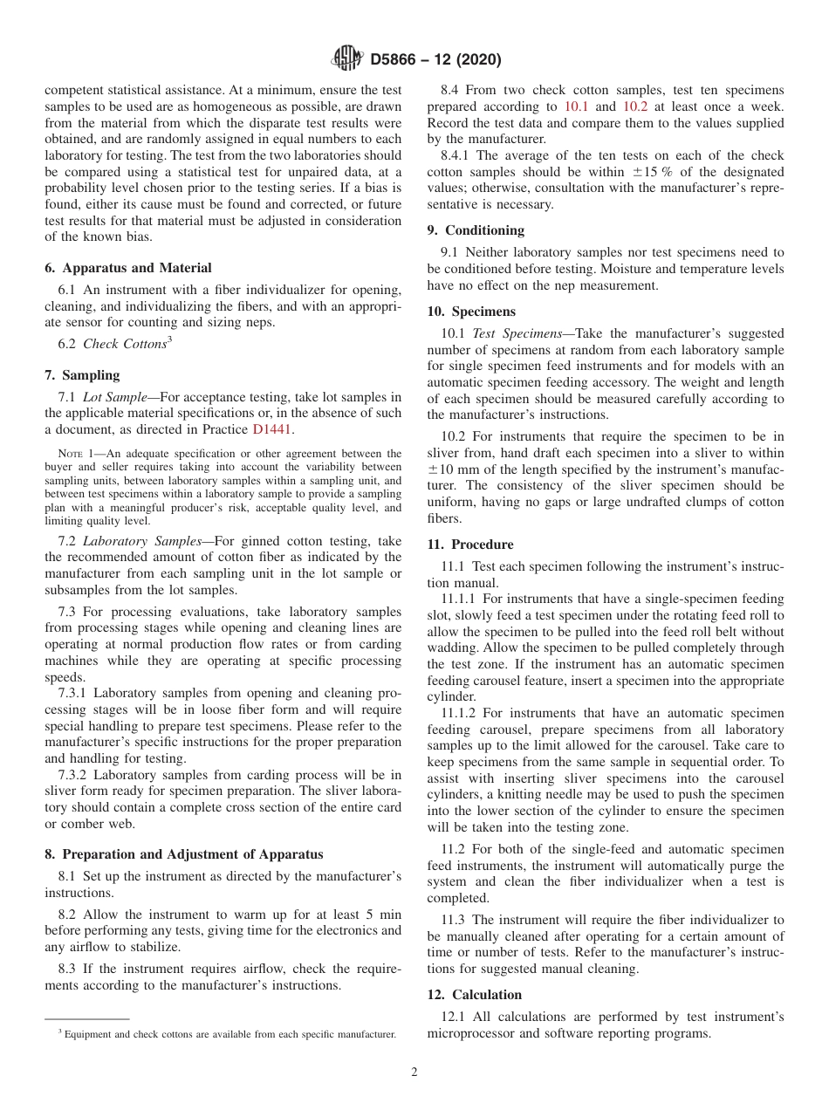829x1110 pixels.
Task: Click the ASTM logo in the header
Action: tap(347, 59)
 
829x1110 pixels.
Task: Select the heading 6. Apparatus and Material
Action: tap(128, 268)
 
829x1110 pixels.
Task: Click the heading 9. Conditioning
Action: tap(476, 230)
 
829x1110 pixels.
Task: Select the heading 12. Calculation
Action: tap(475, 995)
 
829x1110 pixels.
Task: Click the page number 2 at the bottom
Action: tap(414, 1072)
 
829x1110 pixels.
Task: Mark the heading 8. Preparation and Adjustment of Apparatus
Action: tap(184, 854)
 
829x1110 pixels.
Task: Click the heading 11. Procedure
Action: tap(470, 545)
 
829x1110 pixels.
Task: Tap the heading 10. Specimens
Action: tap(471, 312)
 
